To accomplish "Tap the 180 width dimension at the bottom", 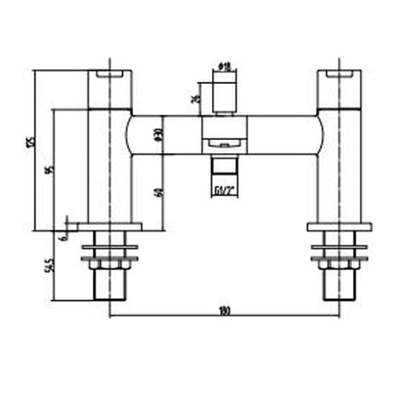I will pos(224,312).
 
